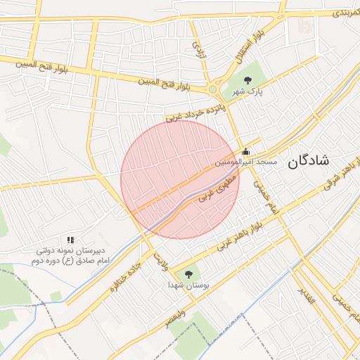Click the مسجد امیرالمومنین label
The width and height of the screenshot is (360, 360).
tap(247, 162)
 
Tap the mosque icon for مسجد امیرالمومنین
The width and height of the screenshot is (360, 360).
tap(245, 151)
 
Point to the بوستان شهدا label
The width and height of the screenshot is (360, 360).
tap(187, 285)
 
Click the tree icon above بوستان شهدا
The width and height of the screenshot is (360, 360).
tap(188, 274)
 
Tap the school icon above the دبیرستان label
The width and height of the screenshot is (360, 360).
tap(70, 240)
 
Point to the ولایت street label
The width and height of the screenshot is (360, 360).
tap(161, 259)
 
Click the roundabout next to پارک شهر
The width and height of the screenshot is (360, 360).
tap(213, 89)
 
